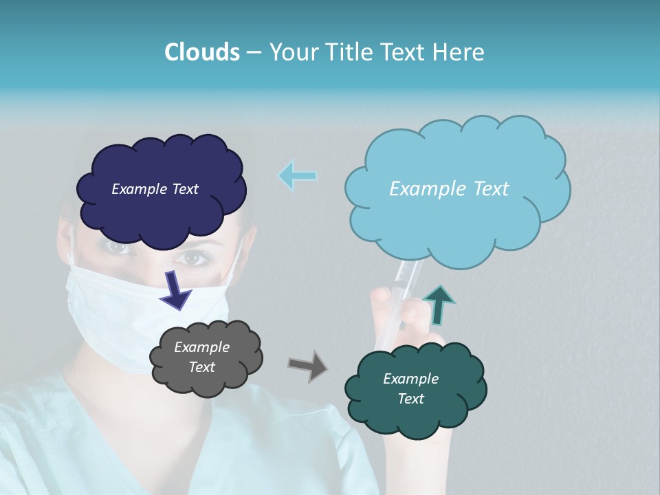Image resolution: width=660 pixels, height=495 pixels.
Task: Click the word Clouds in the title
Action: (x=201, y=52)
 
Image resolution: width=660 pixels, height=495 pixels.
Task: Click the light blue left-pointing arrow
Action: (x=298, y=176)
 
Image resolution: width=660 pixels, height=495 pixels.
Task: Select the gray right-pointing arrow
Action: (x=307, y=365)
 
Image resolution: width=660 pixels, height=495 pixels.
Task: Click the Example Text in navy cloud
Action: (x=155, y=189)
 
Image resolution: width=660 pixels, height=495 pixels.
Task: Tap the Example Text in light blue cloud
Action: (x=449, y=189)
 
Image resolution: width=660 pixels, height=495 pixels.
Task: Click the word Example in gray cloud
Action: (x=202, y=347)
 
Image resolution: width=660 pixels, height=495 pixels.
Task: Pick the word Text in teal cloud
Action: (x=410, y=399)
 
